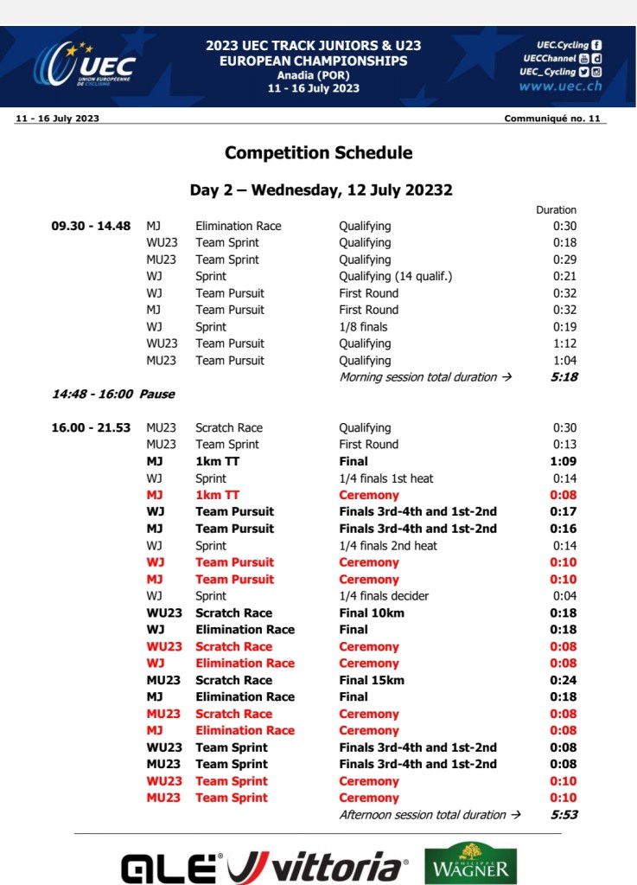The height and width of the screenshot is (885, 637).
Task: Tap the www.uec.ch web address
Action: click(560, 87)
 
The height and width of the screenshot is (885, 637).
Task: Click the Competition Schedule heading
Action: click(318, 153)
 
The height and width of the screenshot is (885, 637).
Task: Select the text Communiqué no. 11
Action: click(551, 119)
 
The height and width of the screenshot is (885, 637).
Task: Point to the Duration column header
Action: click(556, 209)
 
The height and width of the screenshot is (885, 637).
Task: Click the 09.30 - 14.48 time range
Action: click(91, 226)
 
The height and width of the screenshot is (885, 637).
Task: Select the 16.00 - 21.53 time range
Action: click(91, 427)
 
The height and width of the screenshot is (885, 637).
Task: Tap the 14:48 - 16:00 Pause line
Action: click(113, 394)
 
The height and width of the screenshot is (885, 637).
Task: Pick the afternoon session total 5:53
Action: click(564, 814)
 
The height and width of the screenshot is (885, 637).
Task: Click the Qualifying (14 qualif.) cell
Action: click(396, 276)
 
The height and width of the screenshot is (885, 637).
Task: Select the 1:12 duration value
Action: click(564, 343)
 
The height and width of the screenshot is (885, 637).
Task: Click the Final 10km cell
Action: click(372, 612)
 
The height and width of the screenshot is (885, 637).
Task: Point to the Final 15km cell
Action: click(372, 680)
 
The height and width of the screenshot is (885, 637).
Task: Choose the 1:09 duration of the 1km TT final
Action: click(564, 461)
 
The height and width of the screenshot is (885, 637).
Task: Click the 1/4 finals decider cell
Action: click(384, 596)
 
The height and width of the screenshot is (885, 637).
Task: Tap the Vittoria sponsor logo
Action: click(318, 866)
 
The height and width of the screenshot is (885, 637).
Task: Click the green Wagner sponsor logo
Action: click(471, 863)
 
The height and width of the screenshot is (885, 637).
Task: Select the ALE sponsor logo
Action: click(172, 867)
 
